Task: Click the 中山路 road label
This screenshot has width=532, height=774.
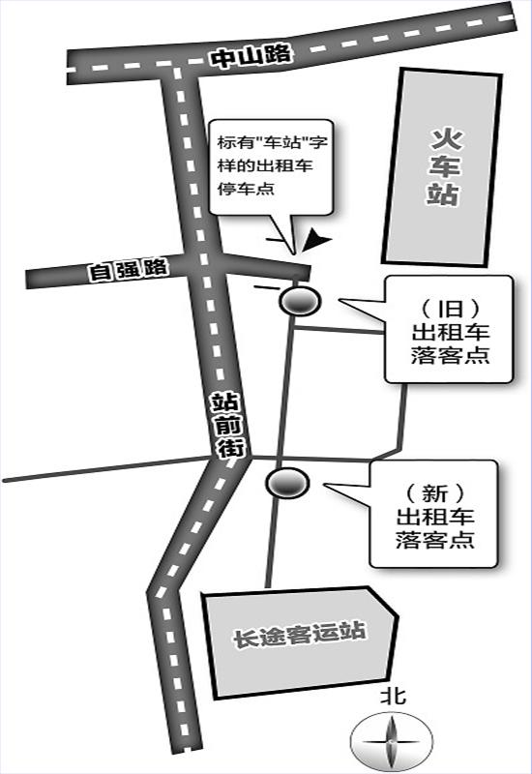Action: (x=251, y=56)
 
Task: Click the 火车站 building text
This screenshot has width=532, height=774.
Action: (x=443, y=166)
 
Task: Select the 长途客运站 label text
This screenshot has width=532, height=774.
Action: (x=299, y=634)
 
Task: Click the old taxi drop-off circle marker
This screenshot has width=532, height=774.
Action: (x=299, y=300)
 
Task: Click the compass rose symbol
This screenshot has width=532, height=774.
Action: (x=391, y=742)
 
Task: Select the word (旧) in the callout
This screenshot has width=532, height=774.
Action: (x=450, y=310)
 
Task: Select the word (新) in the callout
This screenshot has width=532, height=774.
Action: (x=434, y=493)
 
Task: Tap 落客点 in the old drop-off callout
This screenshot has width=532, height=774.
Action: (x=450, y=354)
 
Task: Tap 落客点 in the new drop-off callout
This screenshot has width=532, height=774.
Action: (x=434, y=539)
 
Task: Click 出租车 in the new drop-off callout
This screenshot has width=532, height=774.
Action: (x=434, y=517)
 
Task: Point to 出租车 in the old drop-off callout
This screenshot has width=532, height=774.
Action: (x=450, y=332)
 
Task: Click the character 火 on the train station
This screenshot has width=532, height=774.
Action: (x=445, y=138)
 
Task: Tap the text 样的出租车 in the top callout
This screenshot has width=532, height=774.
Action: (x=265, y=165)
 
